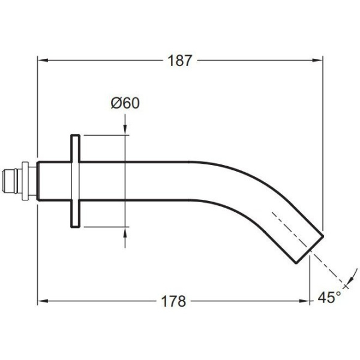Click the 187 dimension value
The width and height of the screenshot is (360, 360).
tap(179, 61)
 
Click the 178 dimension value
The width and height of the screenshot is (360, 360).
tap(173, 301)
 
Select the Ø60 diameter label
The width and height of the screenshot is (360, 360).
tap(125, 103)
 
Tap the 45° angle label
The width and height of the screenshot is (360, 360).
tap(329, 298)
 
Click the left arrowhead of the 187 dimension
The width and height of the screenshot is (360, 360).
tap(43, 61)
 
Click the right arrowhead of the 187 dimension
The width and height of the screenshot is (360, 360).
tap(318, 61)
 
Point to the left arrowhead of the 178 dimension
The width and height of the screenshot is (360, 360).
tap(43, 301)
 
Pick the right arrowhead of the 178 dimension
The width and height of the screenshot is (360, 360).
tap(304, 301)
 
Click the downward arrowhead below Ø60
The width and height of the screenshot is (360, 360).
tap(125, 130)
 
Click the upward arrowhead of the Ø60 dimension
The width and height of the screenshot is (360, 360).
tap(125, 232)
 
